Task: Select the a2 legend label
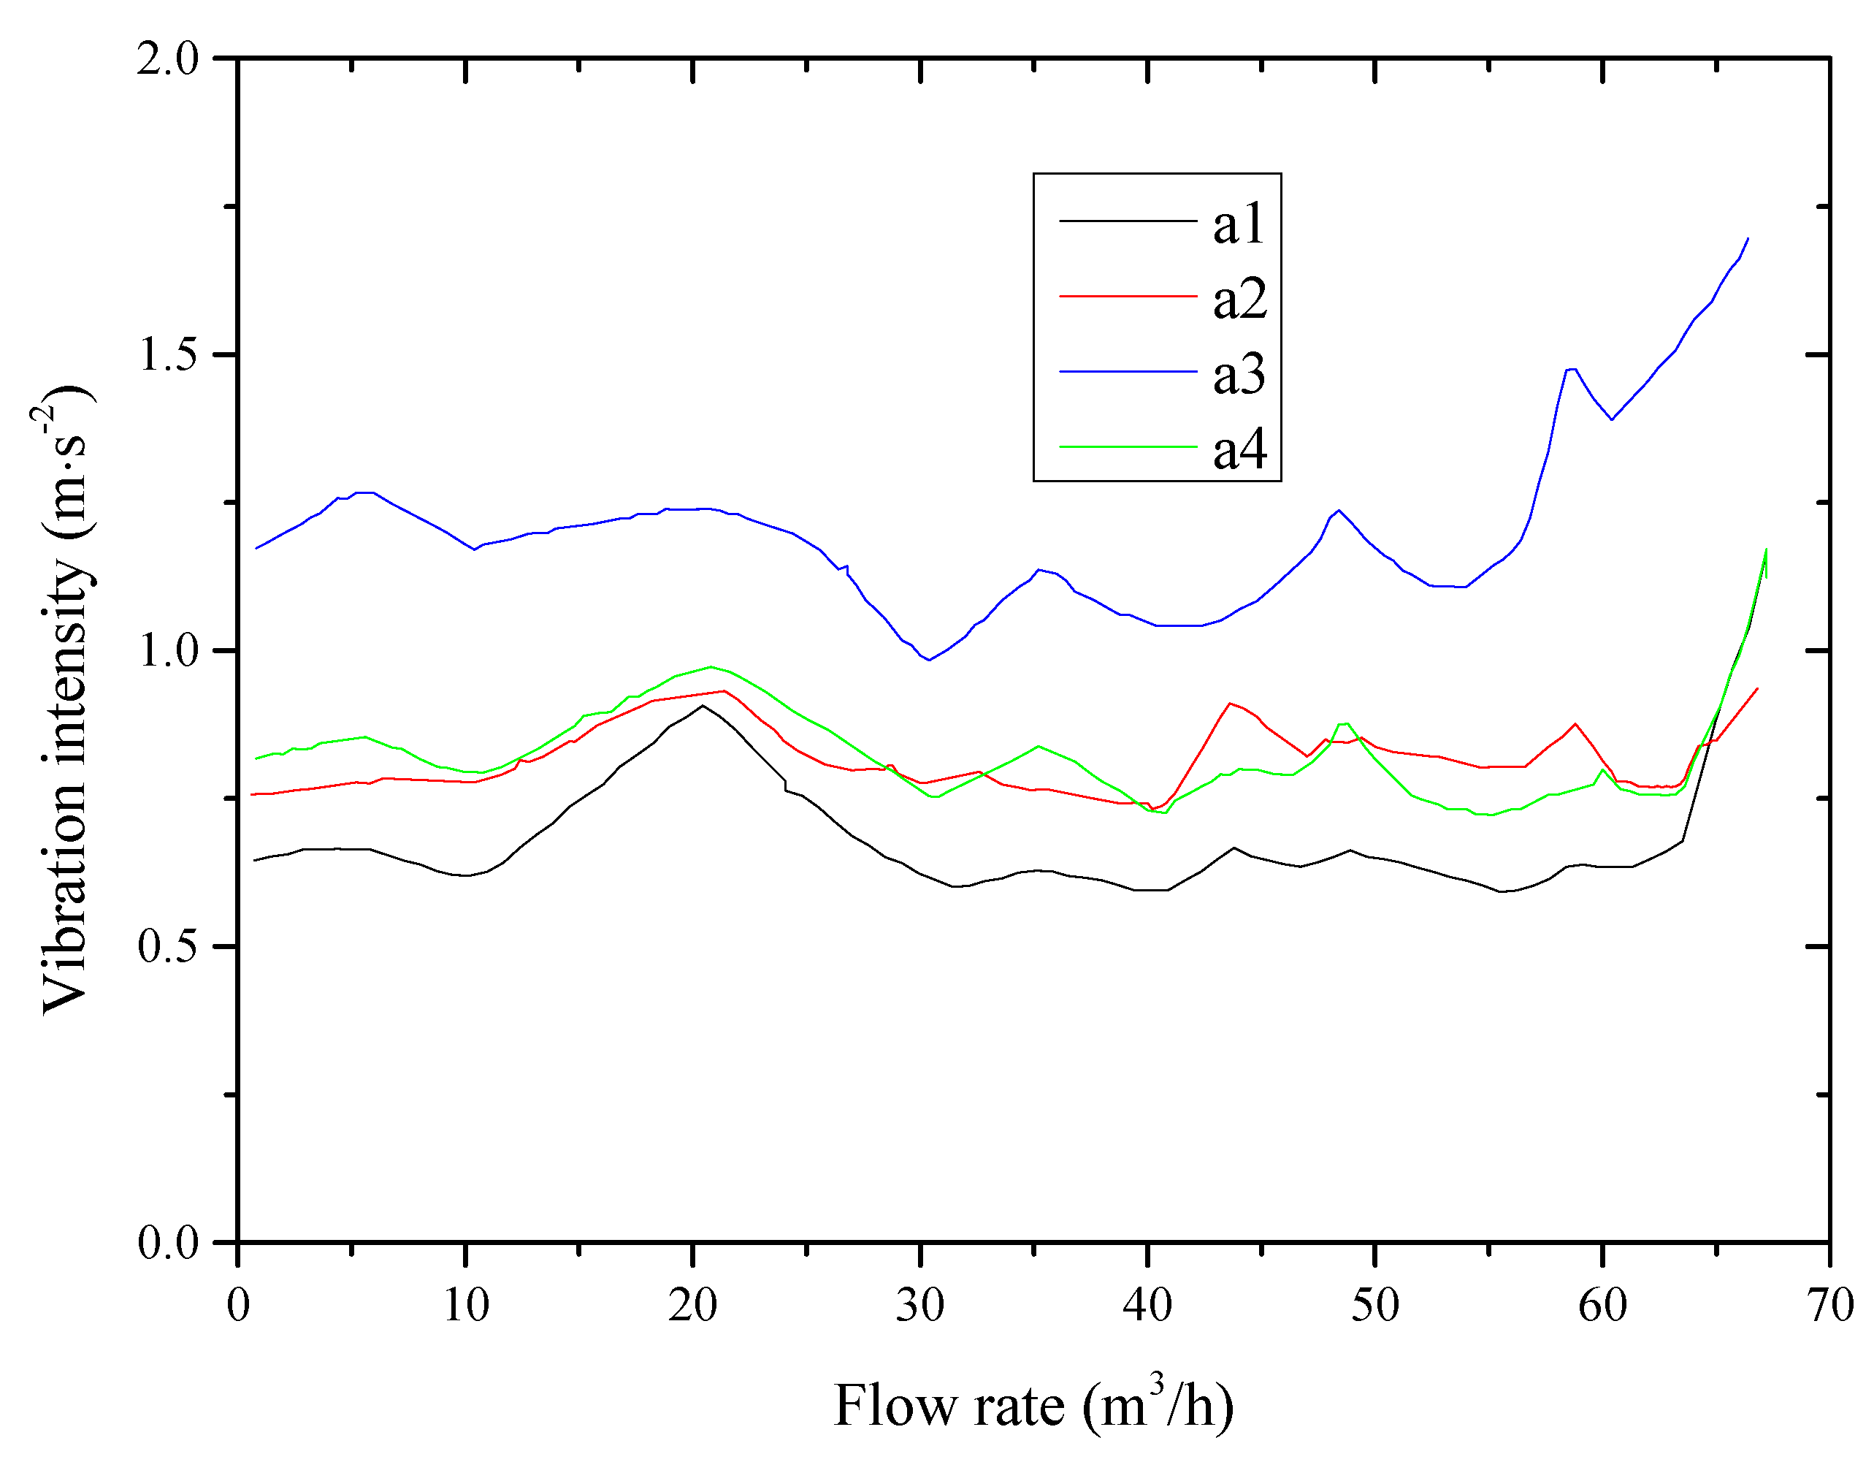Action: [x=1239, y=300]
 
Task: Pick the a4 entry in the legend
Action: [x=1239, y=449]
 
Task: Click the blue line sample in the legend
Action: [x=1128, y=372]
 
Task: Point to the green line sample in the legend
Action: [x=1128, y=446]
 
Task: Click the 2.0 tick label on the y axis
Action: [x=167, y=61]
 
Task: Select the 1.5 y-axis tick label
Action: [x=167, y=355]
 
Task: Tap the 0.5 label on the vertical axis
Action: [x=167, y=947]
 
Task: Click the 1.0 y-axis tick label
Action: [x=167, y=651]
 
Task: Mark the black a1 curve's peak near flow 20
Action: [x=703, y=706]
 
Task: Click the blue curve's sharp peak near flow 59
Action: [x=1572, y=369]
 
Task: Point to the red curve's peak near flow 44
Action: [x=1230, y=703]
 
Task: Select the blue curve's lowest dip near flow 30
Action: [x=928, y=660]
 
